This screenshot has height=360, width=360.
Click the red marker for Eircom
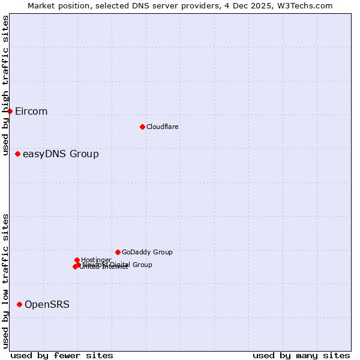[10, 111]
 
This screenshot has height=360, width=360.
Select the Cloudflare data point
[142, 127]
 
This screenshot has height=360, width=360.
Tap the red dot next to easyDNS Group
[17, 154]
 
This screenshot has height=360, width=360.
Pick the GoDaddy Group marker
[118, 252]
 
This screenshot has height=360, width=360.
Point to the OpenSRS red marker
[19, 305]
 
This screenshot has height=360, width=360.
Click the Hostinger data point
[77, 260]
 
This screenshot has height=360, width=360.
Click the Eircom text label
[31, 112]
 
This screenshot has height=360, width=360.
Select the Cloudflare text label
[162, 127]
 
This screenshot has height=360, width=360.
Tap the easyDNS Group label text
[61, 154]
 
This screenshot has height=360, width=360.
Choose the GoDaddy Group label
[147, 252]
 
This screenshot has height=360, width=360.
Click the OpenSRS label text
[47, 305]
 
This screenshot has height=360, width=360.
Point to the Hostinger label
[96, 260]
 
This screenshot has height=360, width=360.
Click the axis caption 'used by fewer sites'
[62, 355]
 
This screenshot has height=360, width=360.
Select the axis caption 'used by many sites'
[301, 355]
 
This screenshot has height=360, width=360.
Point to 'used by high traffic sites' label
[6, 65]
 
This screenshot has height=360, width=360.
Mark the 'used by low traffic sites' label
[6, 281]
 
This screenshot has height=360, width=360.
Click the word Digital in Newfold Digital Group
[121, 265]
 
